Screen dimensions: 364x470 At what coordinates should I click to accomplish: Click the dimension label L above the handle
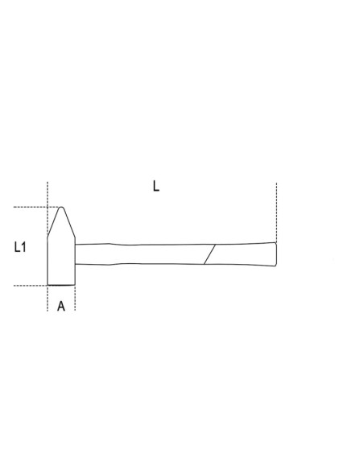[x=156, y=186]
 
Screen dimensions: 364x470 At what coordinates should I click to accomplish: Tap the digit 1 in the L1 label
[x=23, y=247]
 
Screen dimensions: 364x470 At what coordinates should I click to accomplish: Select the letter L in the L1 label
[x=17, y=247]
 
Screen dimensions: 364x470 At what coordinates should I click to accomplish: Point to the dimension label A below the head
[x=61, y=307]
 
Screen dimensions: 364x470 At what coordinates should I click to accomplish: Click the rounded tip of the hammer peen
[x=62, y=207]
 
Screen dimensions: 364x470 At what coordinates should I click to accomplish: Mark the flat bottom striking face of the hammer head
[x=61, y=285]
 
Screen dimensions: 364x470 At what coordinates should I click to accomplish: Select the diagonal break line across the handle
[x=209, y=254]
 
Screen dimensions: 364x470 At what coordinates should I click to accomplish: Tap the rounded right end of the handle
[x=276, y=254]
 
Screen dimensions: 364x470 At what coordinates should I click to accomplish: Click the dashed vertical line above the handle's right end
[x=276, y=212]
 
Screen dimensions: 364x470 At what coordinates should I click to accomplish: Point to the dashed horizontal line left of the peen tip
[x=36, y=207]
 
